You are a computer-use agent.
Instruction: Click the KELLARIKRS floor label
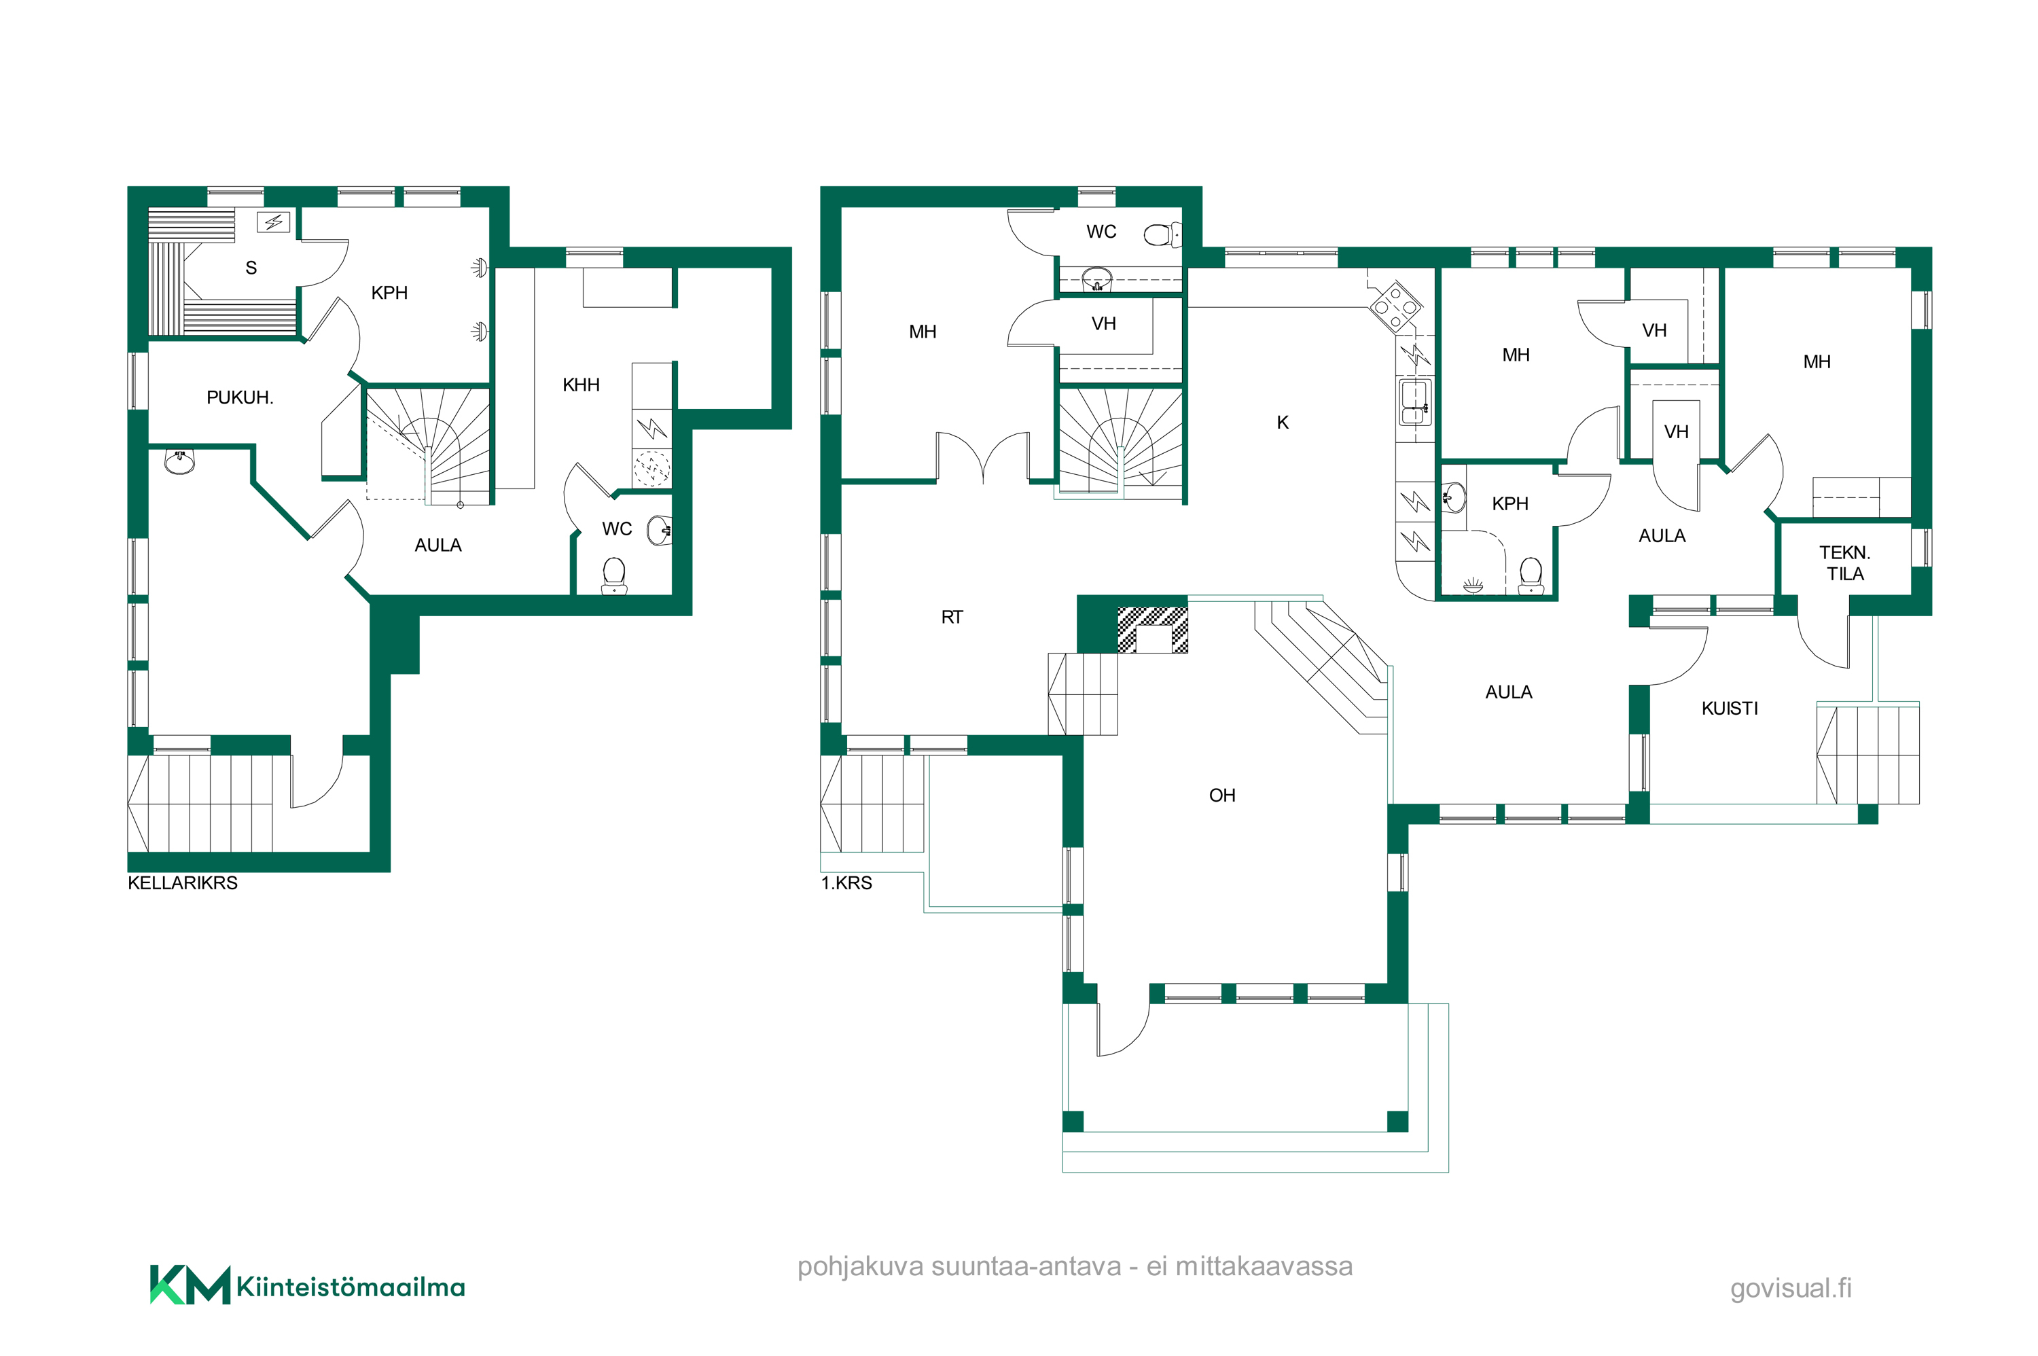coord(183,883)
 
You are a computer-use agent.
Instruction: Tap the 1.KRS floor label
coord(846,883)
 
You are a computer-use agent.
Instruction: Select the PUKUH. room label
coord(240,398)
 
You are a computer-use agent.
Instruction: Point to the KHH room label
coord(581,385)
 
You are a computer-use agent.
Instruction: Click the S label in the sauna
coord(251,268)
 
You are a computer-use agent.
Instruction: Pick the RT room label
coord(952,618)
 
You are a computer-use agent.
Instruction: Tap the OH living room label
coord(1221,796)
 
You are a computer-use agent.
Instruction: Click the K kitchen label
coord(1283,423)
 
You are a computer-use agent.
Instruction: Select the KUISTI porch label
coord(1730,709)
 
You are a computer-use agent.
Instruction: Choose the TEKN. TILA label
coord(1844,563)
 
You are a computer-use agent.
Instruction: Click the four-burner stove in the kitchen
coord(1395,306)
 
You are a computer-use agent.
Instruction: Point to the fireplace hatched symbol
coord(1153,630)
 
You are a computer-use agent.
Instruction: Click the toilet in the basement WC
coord(614,576)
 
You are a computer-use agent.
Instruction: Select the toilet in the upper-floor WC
coord(1160,234)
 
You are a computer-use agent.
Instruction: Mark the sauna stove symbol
coord(274,222)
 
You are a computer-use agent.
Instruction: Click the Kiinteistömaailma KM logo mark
coord(190,1285)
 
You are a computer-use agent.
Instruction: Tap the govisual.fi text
coord(1791,1289)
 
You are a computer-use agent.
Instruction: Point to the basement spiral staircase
coord(429,446)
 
